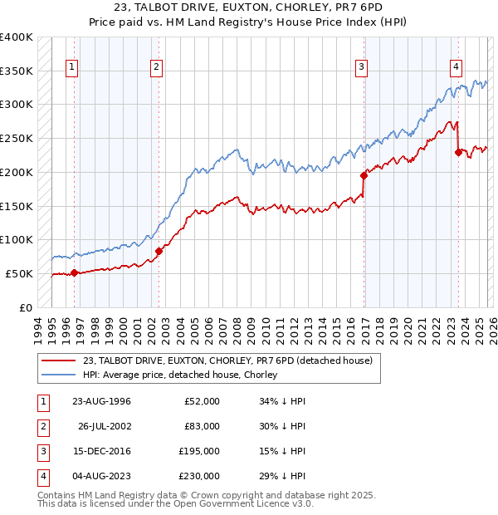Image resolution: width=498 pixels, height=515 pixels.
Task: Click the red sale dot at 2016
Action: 364,175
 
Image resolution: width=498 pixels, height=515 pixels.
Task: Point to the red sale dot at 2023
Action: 458,152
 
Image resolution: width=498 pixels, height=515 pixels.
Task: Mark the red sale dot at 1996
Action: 75,272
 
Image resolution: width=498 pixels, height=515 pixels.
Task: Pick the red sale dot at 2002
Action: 159,251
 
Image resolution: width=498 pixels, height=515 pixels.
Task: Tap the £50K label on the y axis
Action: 19,273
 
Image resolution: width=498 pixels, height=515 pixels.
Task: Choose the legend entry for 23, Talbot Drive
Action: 228,360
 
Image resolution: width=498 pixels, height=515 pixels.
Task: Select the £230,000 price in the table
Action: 199,476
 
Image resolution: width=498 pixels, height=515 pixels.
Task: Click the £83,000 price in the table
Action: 202,426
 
